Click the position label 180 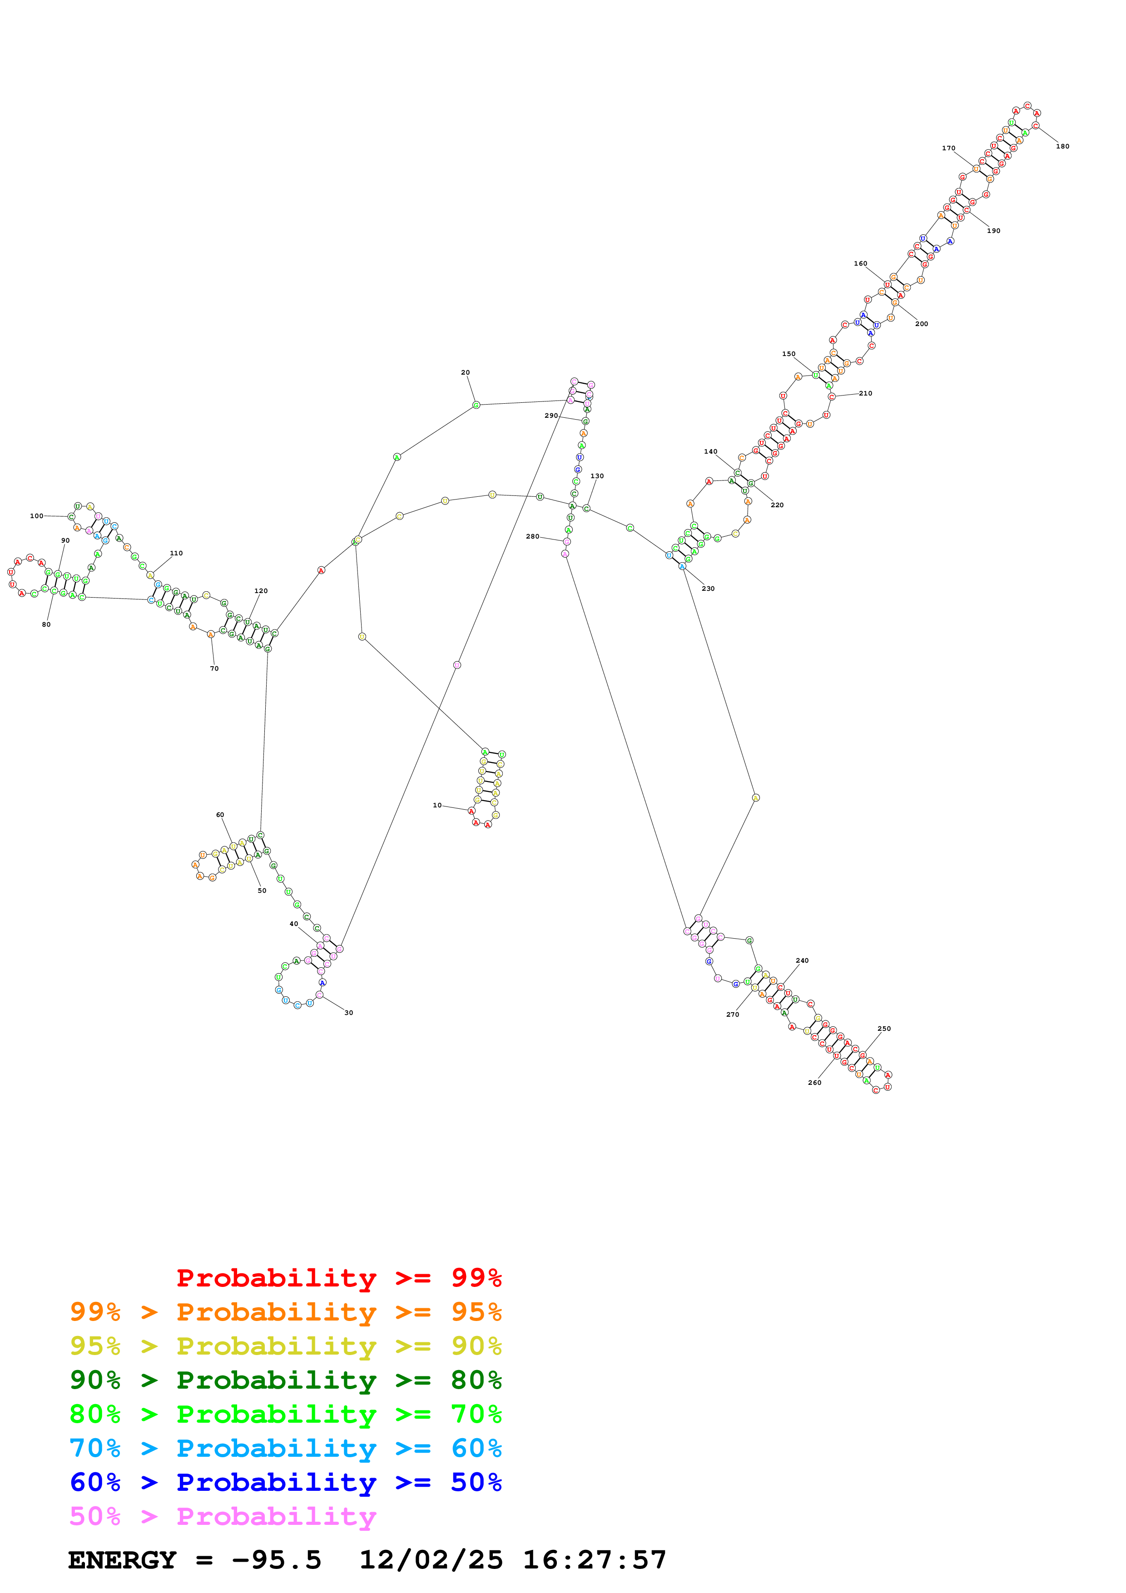[x=1062, y=146]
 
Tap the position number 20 [x=466, y=372]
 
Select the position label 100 [x=37, y=516]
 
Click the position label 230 [x=708, y=589]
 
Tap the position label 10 [x=437, y=806]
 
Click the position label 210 [x=866, y=393]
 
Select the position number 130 [x=597, y=476]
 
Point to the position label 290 [x=551, y=416]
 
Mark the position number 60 [x=220, y=815]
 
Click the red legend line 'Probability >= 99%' [x=338, y=1278]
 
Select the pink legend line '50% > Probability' [x=223, y=1517]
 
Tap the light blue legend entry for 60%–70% [x=285, y=1449]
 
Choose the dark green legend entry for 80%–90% [x=285, y=1380]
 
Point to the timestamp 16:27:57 [x=595, y=1560]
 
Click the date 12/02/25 [x=431, y=1560]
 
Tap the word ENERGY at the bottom [x=122, y=1560]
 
